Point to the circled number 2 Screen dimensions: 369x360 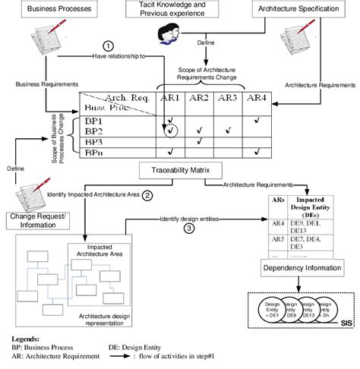[148, 195]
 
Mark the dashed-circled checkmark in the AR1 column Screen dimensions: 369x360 [169, 131]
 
